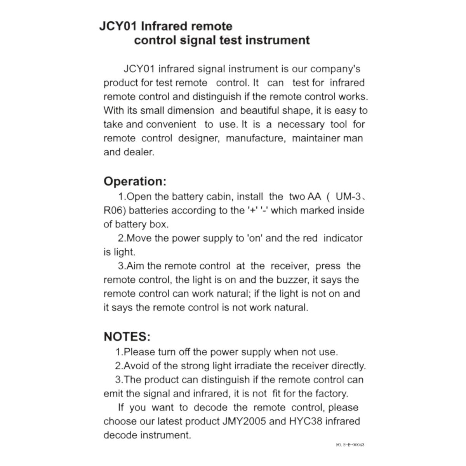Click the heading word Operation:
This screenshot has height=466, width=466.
pos(135,181)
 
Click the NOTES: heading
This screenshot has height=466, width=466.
pos(127,336)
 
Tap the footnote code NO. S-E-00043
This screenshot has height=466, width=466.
pos(350,445)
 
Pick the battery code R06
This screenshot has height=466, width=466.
pos(114,210)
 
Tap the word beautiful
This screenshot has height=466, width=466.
pos(260,111)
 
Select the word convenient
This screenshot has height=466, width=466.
pos(171,125)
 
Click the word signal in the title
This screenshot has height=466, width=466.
pos(198,40)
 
